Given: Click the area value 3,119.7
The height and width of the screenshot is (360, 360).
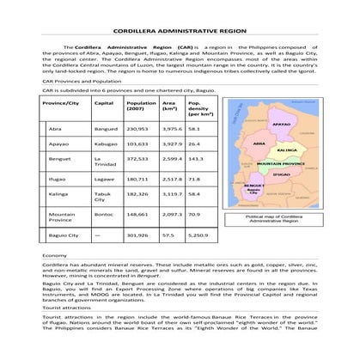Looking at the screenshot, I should (172, 194).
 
